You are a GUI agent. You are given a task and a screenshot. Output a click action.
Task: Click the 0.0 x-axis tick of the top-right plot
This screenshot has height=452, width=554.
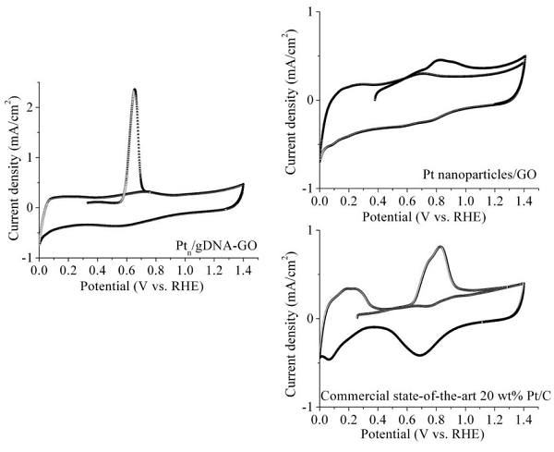click(x=319, y=200)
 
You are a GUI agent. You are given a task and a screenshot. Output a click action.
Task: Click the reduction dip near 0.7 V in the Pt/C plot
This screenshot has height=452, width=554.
click(x=420, y=355)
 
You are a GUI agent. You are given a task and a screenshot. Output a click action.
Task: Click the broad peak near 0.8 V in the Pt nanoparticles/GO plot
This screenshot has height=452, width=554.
click(x=440, y=61)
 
